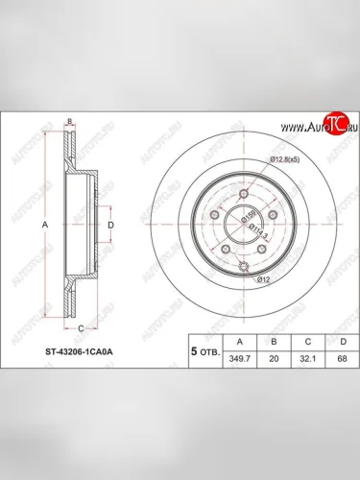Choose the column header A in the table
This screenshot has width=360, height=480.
coord(232,339)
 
